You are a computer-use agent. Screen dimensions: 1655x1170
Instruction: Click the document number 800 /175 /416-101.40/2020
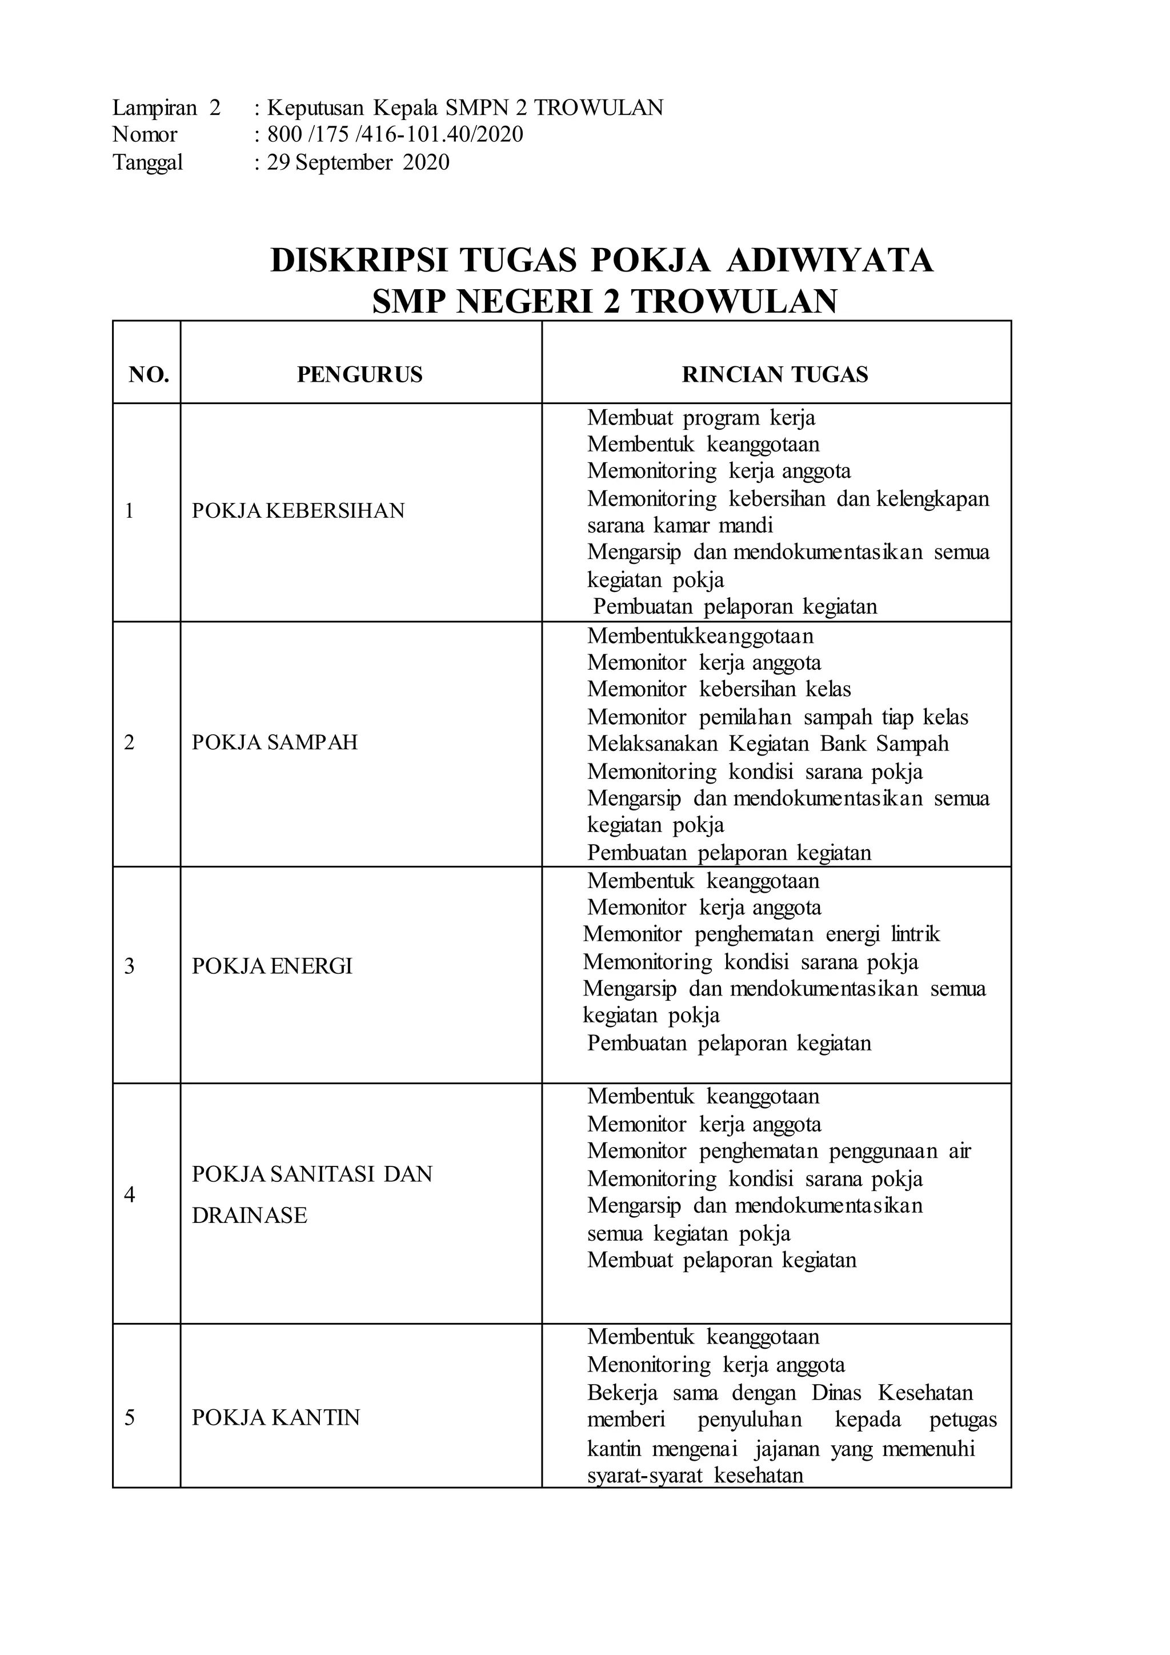395,135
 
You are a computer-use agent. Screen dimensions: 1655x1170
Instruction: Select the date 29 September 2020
358,162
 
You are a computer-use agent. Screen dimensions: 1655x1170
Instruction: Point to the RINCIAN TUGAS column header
775,375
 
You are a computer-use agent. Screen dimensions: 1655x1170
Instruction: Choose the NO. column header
149,375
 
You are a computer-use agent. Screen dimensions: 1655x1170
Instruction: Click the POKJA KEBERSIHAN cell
298,511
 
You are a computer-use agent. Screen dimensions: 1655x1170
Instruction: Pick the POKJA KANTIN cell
275,1418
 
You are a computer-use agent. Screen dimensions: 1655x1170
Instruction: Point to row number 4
130,1195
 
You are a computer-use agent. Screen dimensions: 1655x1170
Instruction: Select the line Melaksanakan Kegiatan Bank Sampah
767,744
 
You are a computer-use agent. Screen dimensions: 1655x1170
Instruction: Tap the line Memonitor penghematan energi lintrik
761,935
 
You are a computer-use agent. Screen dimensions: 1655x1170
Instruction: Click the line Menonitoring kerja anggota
715,1365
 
